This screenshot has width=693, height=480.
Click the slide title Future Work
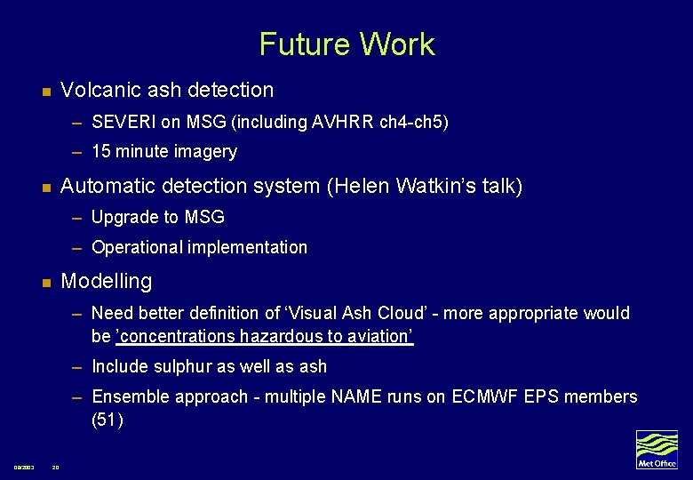coord(346,44)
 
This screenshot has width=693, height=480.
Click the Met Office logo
coord(657,450)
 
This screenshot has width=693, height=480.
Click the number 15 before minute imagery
coord(101,152)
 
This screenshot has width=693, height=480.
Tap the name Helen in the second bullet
coord(363,186)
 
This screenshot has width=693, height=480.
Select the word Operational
coord(135,248)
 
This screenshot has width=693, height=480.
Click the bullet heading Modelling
coord(106,281)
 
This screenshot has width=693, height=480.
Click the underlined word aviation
coord(379,337)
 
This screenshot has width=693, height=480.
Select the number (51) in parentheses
coord(107,420)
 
